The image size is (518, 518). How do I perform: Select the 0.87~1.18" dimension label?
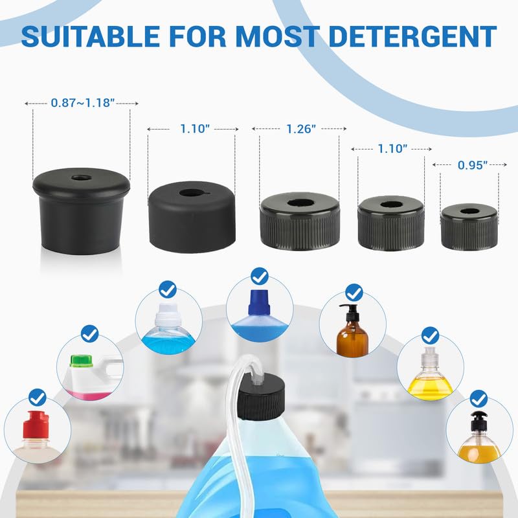(83, 103)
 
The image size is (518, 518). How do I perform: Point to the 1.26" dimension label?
(301, 129)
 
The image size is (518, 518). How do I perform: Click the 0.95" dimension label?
(473, 165)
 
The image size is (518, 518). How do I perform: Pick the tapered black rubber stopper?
(82, 212)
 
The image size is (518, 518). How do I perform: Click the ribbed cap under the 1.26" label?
(300, 221)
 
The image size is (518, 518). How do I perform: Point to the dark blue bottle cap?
(260, 302)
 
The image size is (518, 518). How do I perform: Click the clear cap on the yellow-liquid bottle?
(429, 359)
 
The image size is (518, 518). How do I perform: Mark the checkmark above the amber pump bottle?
(354, 293)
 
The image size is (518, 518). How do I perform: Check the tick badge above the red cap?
(38, 398)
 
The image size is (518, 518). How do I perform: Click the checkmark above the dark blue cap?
(260, 276)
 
